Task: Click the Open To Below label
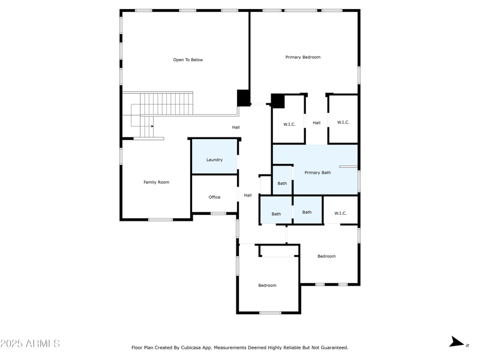pyautogui.click(x=188, y=60)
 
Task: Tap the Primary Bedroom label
pyautogui.click(x=302, y=57)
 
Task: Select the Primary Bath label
pyautogui.click(x=317, y=173)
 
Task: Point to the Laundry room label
pyautogui.click(x=214, y=160)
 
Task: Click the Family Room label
pyautogui.click(x=156, y=182)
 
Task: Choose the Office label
pyautogui.click(x=214, y=197)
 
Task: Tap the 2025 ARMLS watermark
pyautogui.click(x=30, y=344)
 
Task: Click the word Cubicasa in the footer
pyautogui.click(x=203, y=347)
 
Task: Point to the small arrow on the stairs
pyautogui.click(x=152, y=126)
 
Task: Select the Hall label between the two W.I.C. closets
pyautogui.click(x=316, y=123)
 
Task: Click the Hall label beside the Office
pyautogui.click(x=247, y=195)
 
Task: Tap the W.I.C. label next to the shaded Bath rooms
pyautogui.click(x=340, y=213)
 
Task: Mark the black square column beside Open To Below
pyautogui.click(x=243, y=98)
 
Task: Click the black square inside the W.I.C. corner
pyautogui.click(x=278, y=101)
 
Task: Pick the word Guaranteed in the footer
pyautogui.click(x=332, y=347)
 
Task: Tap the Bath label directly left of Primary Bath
pyautogui.click(x=282, y=183)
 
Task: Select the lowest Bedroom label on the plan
pyautogui.click(x=267, y=286)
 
